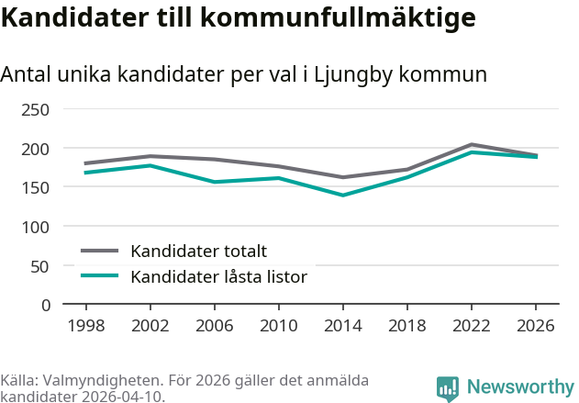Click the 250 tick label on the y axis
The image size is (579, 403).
click(35, 110)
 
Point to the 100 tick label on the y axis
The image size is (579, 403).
click(35, 227)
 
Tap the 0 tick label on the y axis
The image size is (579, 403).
click(46, 306)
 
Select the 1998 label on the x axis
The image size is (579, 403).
click(86, 326)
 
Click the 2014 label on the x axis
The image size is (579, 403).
click(343, 326)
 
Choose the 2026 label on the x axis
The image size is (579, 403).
click(536, 326)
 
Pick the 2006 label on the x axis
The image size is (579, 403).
click(215, 326)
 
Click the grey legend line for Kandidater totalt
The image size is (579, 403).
click(100, 251)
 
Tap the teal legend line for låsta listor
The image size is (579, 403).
click(100, 275)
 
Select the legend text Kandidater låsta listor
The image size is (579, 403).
click(219, 276)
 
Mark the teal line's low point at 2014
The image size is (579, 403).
click(343, 195)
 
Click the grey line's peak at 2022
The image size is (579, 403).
click(472, 144)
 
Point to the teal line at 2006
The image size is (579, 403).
click(215, 182)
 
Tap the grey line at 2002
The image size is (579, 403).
click(150, 156)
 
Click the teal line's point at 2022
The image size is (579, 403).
click(472, 151)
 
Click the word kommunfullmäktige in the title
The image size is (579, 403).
click(339, 17)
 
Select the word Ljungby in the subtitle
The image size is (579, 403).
click(353, 75)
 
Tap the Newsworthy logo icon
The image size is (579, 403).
click(448, 388)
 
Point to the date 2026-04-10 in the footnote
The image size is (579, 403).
click(123, 397)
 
